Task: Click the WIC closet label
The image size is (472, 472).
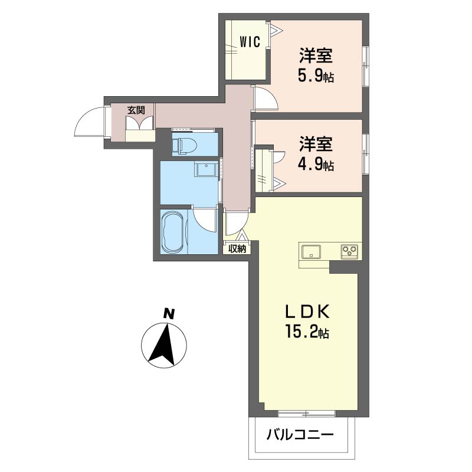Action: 250,41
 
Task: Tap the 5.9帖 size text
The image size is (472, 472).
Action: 316,77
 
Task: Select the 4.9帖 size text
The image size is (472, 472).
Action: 316,165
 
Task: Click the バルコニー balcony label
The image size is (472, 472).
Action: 300,436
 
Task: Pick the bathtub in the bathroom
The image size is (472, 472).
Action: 174,231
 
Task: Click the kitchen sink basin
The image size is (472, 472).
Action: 311,253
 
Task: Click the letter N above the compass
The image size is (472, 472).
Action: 169,314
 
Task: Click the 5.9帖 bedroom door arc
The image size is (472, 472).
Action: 265,99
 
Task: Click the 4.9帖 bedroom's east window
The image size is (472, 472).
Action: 365,155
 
